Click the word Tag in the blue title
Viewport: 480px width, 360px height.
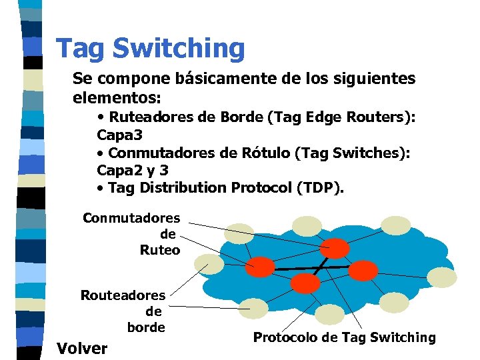pos(81,49)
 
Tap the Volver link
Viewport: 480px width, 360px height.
pos(82,348)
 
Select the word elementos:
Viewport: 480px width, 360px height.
pos(117,97)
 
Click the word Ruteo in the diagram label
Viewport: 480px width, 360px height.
pos(160,250)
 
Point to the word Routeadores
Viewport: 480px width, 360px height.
pos(123,295)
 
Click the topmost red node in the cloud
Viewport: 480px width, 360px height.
pos(336,249)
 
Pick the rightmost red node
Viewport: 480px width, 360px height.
pos(363,270)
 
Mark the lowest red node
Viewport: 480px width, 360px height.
pos(306,283)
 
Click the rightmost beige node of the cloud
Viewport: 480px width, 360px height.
pos(442,277)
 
